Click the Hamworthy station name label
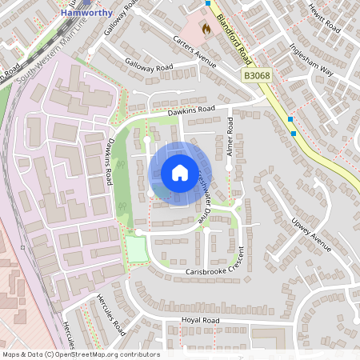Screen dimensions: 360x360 (86, 14)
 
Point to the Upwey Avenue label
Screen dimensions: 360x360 (312, 232)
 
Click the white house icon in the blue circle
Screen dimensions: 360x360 (179, 173)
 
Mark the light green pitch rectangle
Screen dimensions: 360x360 (137, 250)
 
